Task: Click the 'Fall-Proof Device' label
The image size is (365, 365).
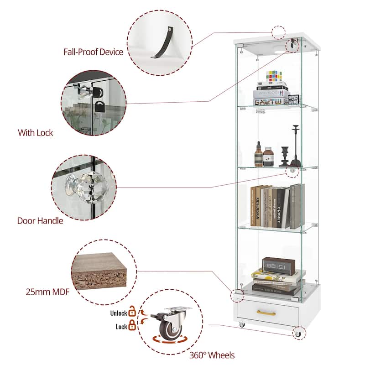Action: [x=93, y=52]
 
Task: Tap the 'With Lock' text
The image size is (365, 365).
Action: [x=36, y=133]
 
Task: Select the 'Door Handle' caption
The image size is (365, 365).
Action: [x=40, y=221]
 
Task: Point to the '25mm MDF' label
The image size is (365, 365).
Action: [x=44, y=291]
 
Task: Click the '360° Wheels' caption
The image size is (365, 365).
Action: [x=212, y=355]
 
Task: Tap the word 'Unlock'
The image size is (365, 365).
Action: [x=118, y=313]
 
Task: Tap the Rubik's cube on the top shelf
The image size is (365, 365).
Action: [x=275, y=76]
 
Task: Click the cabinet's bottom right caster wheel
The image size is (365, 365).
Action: [x=298, y=334]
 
